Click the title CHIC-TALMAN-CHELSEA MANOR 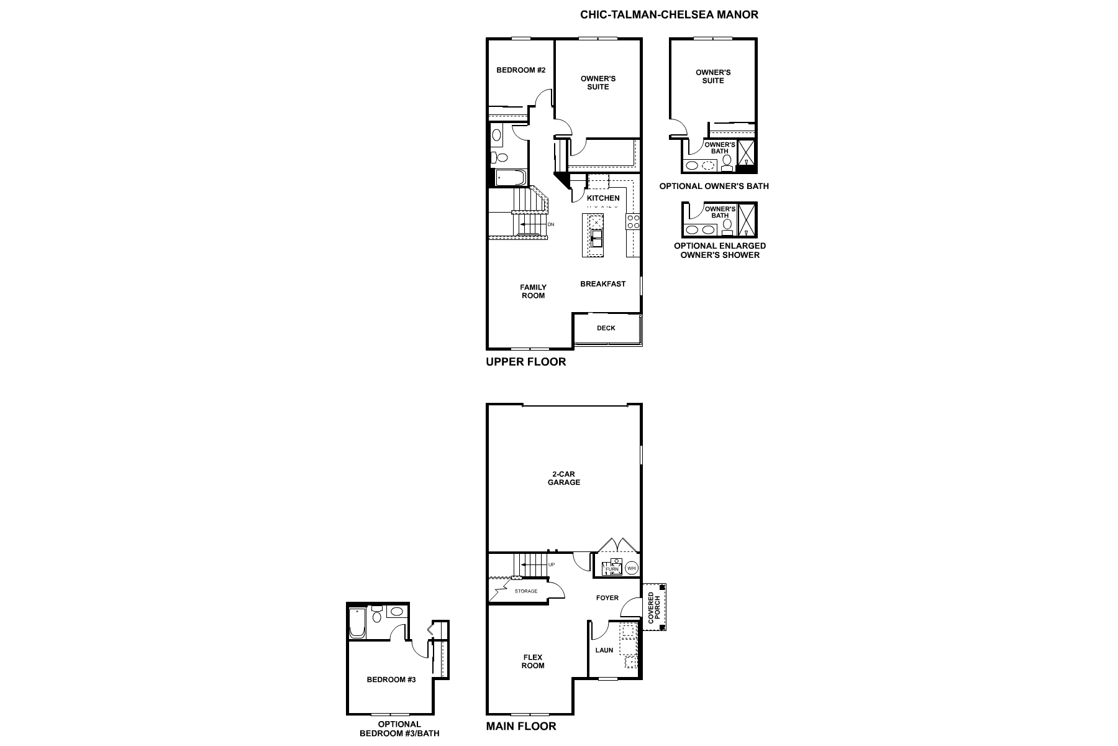click(x=669, y=14)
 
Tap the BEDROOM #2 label click(x=520, y=70)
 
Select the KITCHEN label click(x=603, y=198)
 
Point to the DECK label click(x=606, y=328)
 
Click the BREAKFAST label click(x=602, y=284)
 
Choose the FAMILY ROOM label click(x=533, y=292)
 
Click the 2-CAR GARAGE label click(x=563, y=478)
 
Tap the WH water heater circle click(x=631, y=568)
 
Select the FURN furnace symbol click(x=612, y=568)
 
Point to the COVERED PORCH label click(x=654, y=608)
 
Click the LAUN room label click(x=604, y=650)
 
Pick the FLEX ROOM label click(x=532, y=661)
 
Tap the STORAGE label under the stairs click(x=525, y=591)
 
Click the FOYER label click(x=607, y=598)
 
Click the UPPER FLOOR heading click(x=525, y=362)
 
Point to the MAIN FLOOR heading click(x=520, y=726)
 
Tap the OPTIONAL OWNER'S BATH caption click(x=714, y=186)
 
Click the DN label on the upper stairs click(x=550, y=224)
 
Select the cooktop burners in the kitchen click(x=633, y=222)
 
